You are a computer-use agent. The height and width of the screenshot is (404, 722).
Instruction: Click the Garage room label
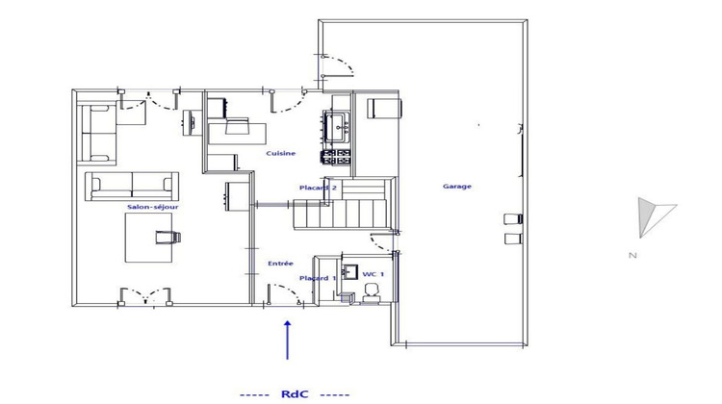(x=456, y=187)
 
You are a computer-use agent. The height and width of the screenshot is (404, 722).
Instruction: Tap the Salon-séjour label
(x=153, y=207)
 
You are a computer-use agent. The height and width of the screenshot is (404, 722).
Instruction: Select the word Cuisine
(x=281, y=154)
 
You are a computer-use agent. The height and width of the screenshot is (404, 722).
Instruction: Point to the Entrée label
(x=280, y=262)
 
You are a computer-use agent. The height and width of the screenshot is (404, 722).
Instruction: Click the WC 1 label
(x=374, y=274)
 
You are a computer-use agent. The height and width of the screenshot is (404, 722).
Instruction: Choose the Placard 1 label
(x=318, y=279)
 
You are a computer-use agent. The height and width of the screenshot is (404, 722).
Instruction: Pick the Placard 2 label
(x=318, y=189)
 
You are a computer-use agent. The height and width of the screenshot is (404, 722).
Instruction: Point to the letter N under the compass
(x=632, y=255)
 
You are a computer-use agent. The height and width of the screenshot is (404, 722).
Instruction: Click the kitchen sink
(x=340, y=123)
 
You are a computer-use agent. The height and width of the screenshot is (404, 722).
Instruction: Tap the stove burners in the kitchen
(x=337, y=155)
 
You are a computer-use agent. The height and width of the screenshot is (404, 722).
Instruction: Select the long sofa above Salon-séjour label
(x=131, y=186)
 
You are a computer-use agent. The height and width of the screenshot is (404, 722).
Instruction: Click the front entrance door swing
(x=285, y=294)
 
